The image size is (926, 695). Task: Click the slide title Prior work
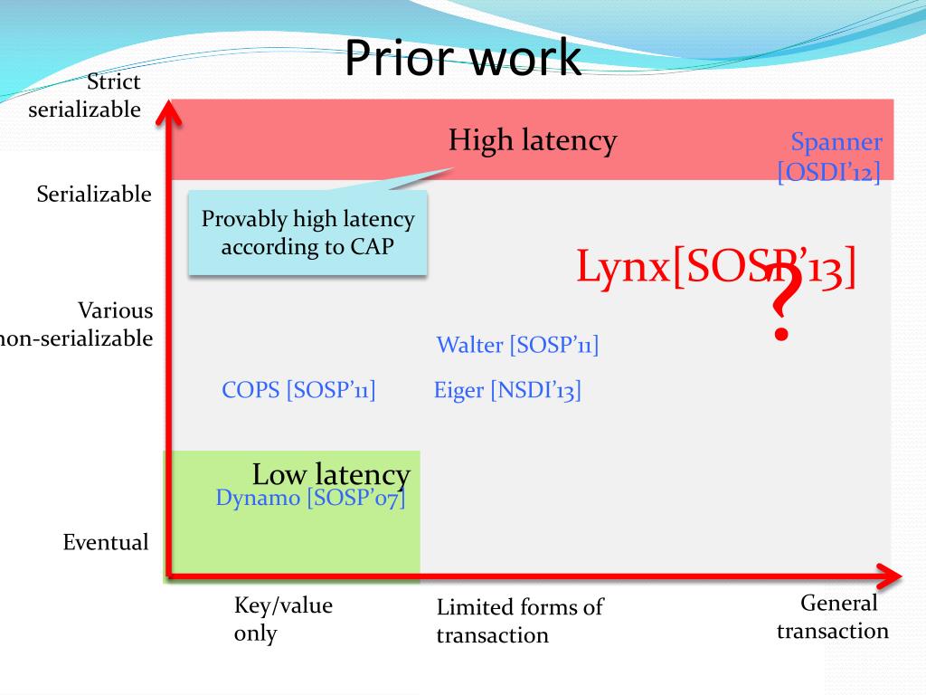[462, 58]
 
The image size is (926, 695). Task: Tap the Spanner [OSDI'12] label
[830, 157]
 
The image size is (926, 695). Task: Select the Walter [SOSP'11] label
[517, 345]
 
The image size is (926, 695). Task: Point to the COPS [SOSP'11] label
[298, 390]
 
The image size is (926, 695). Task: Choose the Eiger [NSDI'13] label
[507, 391]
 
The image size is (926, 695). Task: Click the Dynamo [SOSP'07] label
[310, 498]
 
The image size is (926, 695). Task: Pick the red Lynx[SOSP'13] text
[715, 267]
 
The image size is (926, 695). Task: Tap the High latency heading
[533, 140]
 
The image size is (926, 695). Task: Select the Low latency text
[331, 473]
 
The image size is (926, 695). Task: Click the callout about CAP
[307, 233]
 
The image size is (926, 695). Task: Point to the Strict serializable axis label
[85, 95]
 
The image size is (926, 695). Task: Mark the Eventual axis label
[106, 543]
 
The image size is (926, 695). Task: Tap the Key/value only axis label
[283, 619]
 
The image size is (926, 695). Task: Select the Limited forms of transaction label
[519, 621]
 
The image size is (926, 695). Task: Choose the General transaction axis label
[833, 617]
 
